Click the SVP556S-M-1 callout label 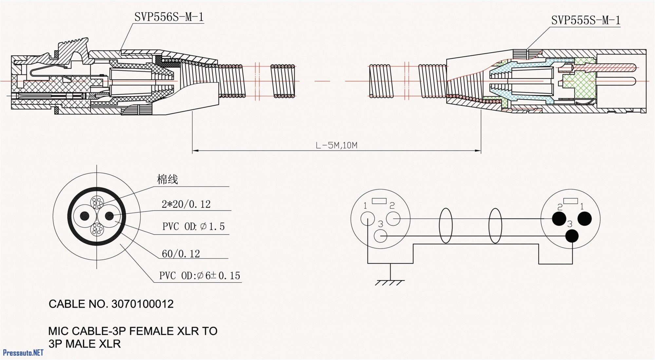[169, 17]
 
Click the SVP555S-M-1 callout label [586, 20]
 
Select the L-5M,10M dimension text [336, 145]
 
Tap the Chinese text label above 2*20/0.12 [167, 179]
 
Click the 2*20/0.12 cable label [186, 204]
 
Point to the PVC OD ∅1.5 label [193, 226]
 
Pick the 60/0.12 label [180, 254]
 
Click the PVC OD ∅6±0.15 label [199, 275]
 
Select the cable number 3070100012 [142, 304]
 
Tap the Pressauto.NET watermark [23, 352]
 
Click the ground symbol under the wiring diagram [390, 282]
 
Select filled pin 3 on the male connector [572, 236]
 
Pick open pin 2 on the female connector [393, 218]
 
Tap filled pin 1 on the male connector [584, 218]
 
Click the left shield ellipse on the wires [445, 226]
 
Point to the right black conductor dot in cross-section [109, 216]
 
